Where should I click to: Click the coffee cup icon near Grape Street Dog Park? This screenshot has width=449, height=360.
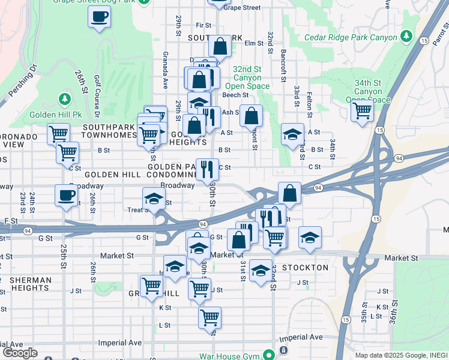[99, 16]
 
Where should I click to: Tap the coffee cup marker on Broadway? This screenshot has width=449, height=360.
[66, 194]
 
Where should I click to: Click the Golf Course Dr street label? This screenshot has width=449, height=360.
[97, 97]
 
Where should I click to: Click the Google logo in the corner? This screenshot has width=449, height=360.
[19, 353]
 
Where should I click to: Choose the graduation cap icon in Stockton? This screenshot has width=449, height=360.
[261, 270]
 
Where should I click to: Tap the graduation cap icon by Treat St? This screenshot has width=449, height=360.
[153, 197]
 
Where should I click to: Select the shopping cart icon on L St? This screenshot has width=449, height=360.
[209, 317]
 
